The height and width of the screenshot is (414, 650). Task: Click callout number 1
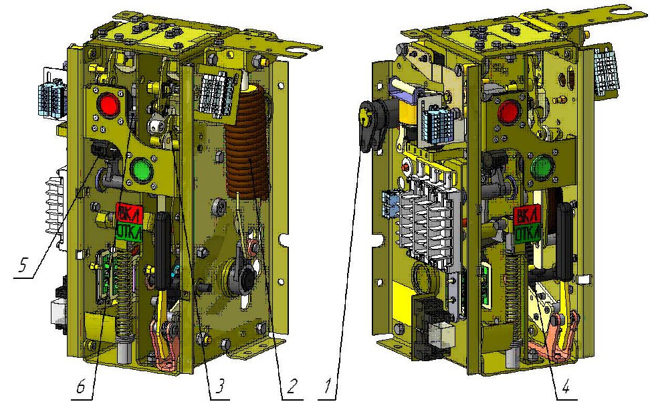[x=328, y=387]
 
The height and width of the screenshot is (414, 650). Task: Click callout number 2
[x=292, y=387]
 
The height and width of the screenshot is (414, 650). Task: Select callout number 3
[x=219, y=387]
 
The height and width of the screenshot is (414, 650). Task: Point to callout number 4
[x=566, y=387]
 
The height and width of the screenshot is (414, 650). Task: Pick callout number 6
[x=81, y=387]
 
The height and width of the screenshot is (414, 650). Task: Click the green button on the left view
[x=142, y=170]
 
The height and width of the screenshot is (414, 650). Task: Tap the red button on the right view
[x=508, y=111]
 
